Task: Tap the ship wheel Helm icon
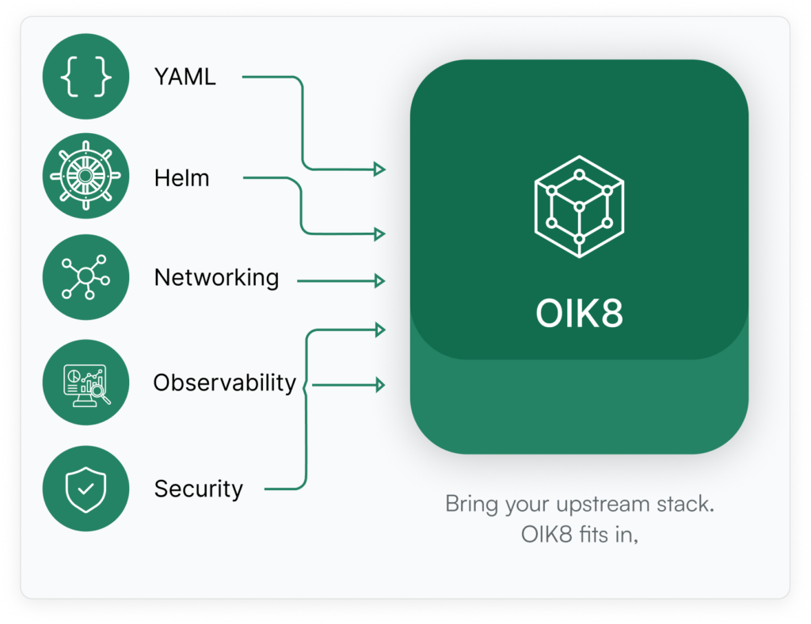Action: [86, 176]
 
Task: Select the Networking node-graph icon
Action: [86, 277]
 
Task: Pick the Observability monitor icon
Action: [86, 382]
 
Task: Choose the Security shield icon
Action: [86, 488]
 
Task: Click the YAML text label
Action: [185, 78]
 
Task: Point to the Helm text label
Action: [182, 178]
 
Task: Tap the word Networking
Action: [216, 278]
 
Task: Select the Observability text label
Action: [224, 383]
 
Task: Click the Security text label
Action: [198, 489]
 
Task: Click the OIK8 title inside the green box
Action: [579, 314]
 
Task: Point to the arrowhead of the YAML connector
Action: [381, 169]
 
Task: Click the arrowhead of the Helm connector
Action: [381, 234]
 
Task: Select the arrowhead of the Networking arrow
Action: [381, 280]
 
